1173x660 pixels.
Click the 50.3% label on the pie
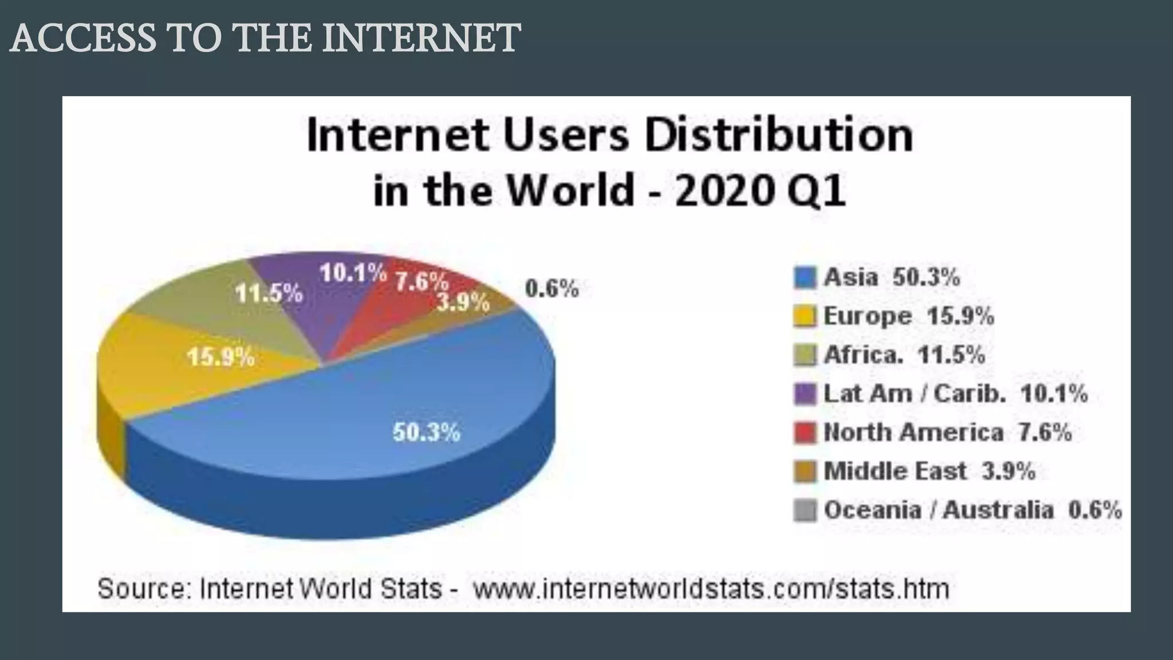[x=426, y=433]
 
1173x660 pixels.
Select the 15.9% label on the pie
[x=221, y=357]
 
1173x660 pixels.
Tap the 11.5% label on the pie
[x=269, y=294]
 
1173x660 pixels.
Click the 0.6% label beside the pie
[x=552, y=289]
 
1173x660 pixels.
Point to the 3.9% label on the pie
[x=463, y=302]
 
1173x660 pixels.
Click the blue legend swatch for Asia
[x=805, y=278]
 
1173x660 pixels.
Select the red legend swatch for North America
[x=805, y=433]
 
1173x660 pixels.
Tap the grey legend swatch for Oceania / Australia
[x=805, y=510]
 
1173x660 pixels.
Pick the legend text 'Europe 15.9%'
[x=908, y=316]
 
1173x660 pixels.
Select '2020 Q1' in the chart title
[x=759, y=191]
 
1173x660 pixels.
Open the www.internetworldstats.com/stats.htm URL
[x=711, y=588]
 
